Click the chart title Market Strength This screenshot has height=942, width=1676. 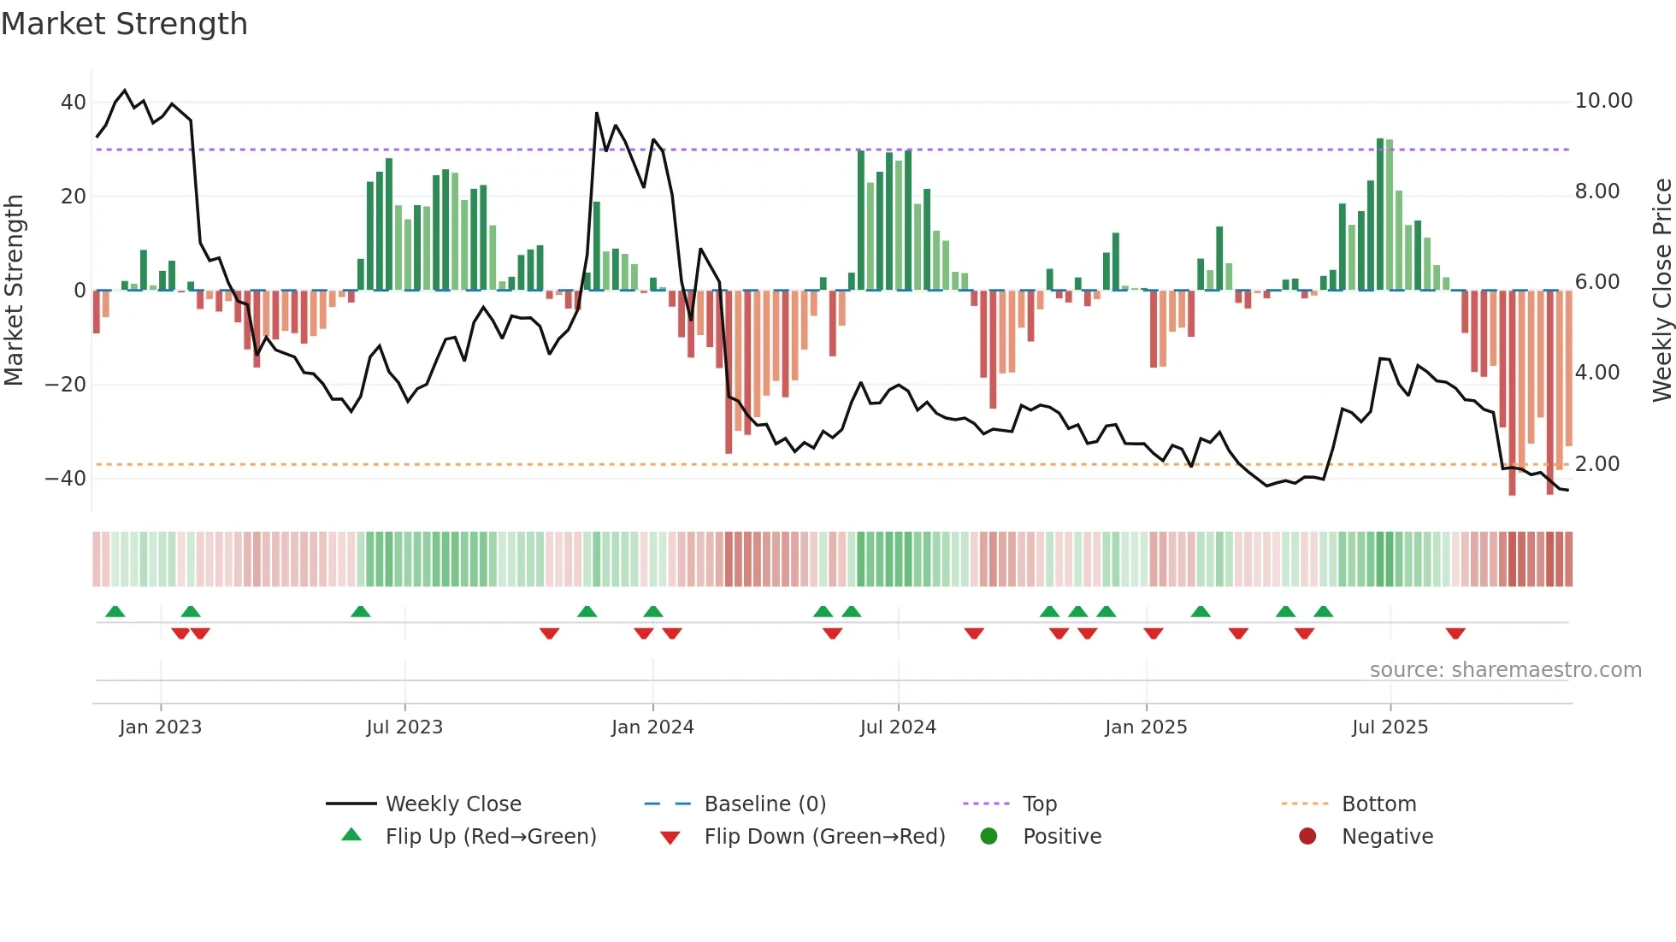(124, 24)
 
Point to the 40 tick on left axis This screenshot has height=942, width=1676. (73, 103)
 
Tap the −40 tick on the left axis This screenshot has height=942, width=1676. (66, 479)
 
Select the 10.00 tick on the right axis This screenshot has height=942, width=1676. (1603, 101)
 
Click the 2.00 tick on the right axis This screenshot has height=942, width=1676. (1596, 464)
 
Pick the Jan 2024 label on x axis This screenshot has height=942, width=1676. (652, 727)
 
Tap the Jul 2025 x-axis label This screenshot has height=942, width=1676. (1390, 727)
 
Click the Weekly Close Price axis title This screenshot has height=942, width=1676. (1661, 291)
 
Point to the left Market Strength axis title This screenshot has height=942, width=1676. (14, 291)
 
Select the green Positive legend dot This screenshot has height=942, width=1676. (988, 837)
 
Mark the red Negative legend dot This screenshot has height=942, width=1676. (1307, 837)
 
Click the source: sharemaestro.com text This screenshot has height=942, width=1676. (1505, 670)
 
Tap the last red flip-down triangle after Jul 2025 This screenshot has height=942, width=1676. (1455, 633)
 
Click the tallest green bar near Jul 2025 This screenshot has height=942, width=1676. (1380, 214)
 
